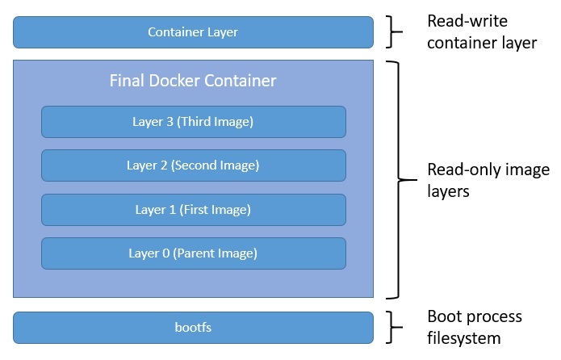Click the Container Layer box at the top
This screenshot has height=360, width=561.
[193, 32]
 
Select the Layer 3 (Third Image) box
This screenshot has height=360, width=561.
[193, 122]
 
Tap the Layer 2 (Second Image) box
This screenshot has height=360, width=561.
[193, 165]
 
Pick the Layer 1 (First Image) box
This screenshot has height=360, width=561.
[193, 210]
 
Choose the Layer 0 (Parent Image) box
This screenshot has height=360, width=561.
[193, 253]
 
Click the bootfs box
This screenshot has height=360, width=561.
[193, 328]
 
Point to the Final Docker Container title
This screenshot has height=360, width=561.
[193, 81]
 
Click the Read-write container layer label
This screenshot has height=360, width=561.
[482, 32]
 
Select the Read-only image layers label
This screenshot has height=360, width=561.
[488, 180]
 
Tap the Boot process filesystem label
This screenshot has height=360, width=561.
[475, 327]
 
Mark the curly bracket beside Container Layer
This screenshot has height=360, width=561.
[395, 32]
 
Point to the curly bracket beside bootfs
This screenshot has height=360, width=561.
[395, 328]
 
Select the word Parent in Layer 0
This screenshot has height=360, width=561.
[192, 253]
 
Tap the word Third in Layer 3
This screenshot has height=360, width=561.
[196, 122]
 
